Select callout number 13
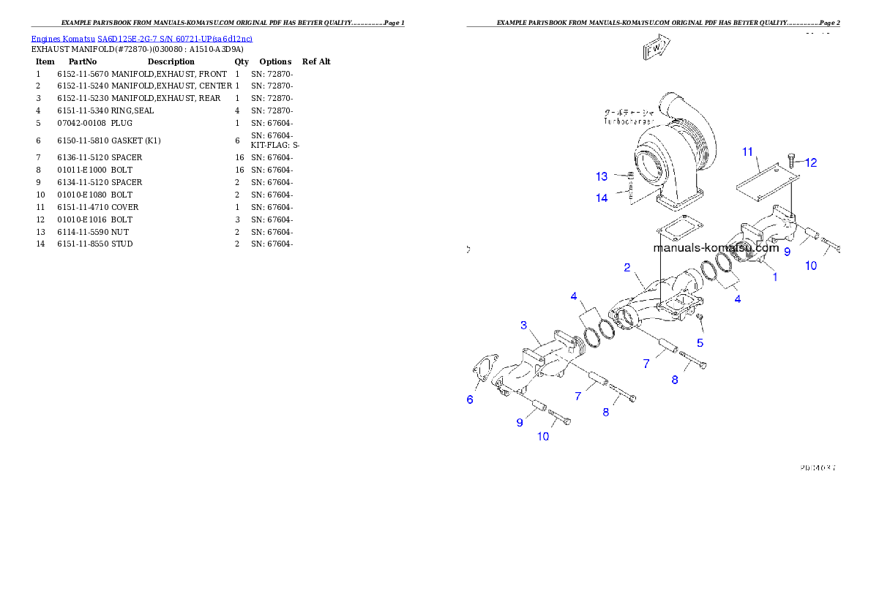[602, 176]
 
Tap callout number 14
[602, 198]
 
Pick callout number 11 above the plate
[747, 152]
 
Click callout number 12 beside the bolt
[811, 163]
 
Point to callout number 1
[775, 277]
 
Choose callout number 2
[627, 268]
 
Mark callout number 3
[524, 325]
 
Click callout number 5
[700, 342]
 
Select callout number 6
[470, 399]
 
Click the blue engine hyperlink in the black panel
[141, 39]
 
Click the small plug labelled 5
[700, 317]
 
